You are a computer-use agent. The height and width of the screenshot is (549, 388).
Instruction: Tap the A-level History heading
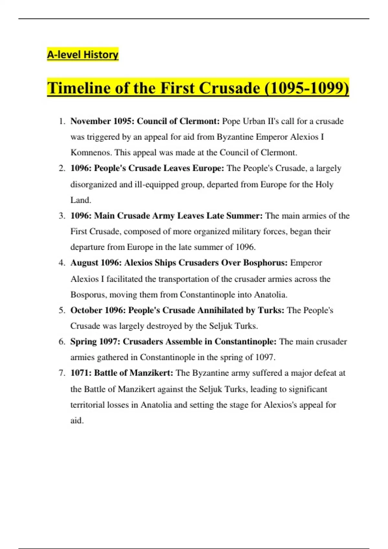pos(83,55)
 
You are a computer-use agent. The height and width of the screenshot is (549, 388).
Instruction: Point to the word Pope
pos(231,121)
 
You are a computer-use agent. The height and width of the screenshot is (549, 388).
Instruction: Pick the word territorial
pos(88,405)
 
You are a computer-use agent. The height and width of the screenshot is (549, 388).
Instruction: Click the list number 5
pos(62,310)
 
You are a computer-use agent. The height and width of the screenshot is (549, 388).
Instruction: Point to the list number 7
pos(62,373)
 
